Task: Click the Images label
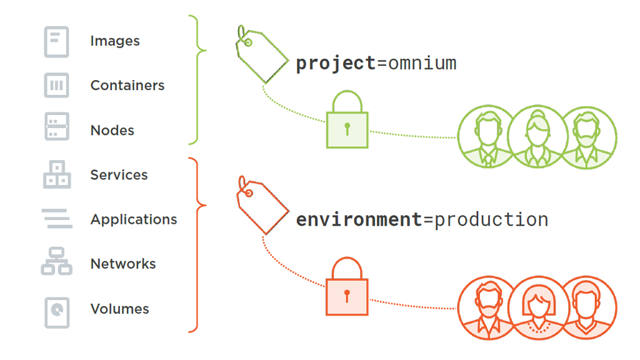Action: tap(115, 41)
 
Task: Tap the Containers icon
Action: tap(57, 86)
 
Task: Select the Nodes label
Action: tap(112, 131)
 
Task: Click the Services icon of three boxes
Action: tap(57, 174)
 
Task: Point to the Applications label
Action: tap(134, 219)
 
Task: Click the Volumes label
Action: tap(120, 309)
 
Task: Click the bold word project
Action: tap(336, 64)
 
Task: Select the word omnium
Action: tap(422, 64)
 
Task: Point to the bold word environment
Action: tap(359, 219)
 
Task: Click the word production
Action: tap(491, 219)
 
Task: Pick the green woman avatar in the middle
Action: tap(537, 137)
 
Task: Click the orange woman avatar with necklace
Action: tap(537, 307)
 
